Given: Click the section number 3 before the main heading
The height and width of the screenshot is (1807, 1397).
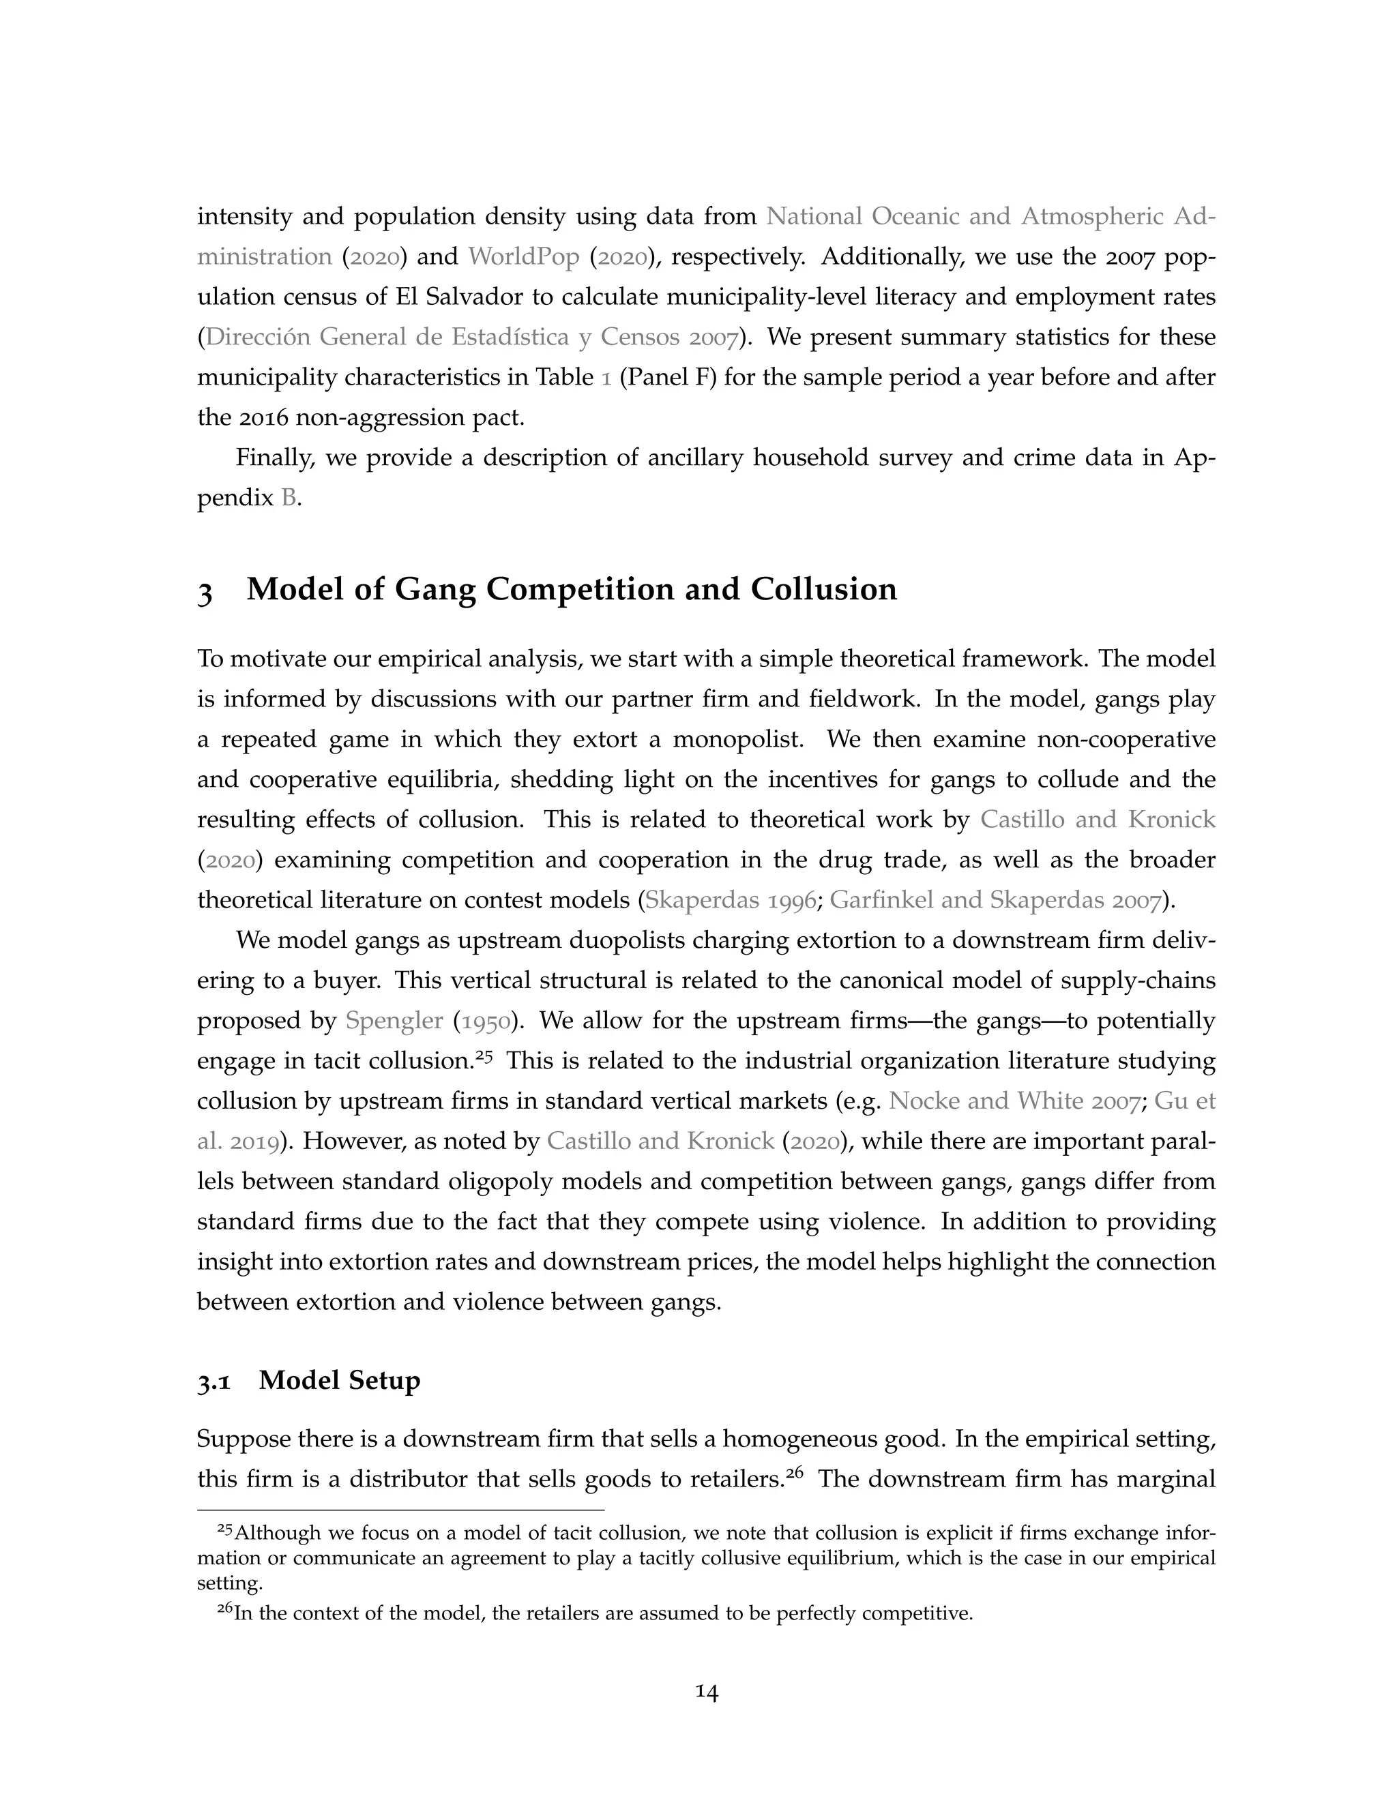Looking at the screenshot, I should [x=205, y=591].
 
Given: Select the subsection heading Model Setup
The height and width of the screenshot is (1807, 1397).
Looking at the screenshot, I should [x=339, y=1380].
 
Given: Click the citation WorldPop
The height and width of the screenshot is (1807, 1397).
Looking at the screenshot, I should [x=523, y=256].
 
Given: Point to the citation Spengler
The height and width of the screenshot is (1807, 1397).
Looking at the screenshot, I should [x=394, y=1020].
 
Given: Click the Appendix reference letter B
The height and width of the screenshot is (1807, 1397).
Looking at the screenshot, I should [x=288, y=498].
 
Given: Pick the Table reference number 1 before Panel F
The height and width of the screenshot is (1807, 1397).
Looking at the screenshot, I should [x=606, y=377].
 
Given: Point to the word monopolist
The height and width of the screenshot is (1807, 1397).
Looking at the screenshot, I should [x=737, y=739].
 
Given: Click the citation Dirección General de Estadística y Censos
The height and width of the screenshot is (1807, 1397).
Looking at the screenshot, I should [x=470, y=338].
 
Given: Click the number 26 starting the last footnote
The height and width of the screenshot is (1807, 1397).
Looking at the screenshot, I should [x=224, y=1609].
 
